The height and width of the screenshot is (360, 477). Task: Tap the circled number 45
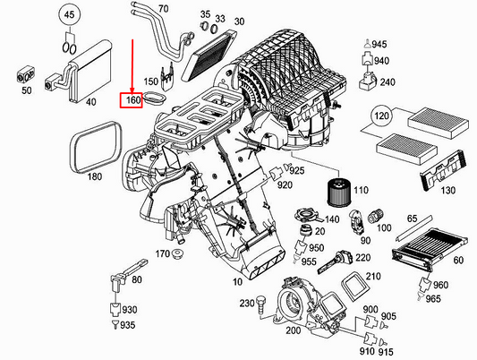(x=67, y=15)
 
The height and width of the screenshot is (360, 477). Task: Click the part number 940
(x=380, y=61)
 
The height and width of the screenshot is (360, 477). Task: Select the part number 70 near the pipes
(x=162, y=9)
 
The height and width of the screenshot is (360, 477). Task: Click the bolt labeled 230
(x=261, y=304)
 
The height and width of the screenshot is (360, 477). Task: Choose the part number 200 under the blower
(x=292, y=330)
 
